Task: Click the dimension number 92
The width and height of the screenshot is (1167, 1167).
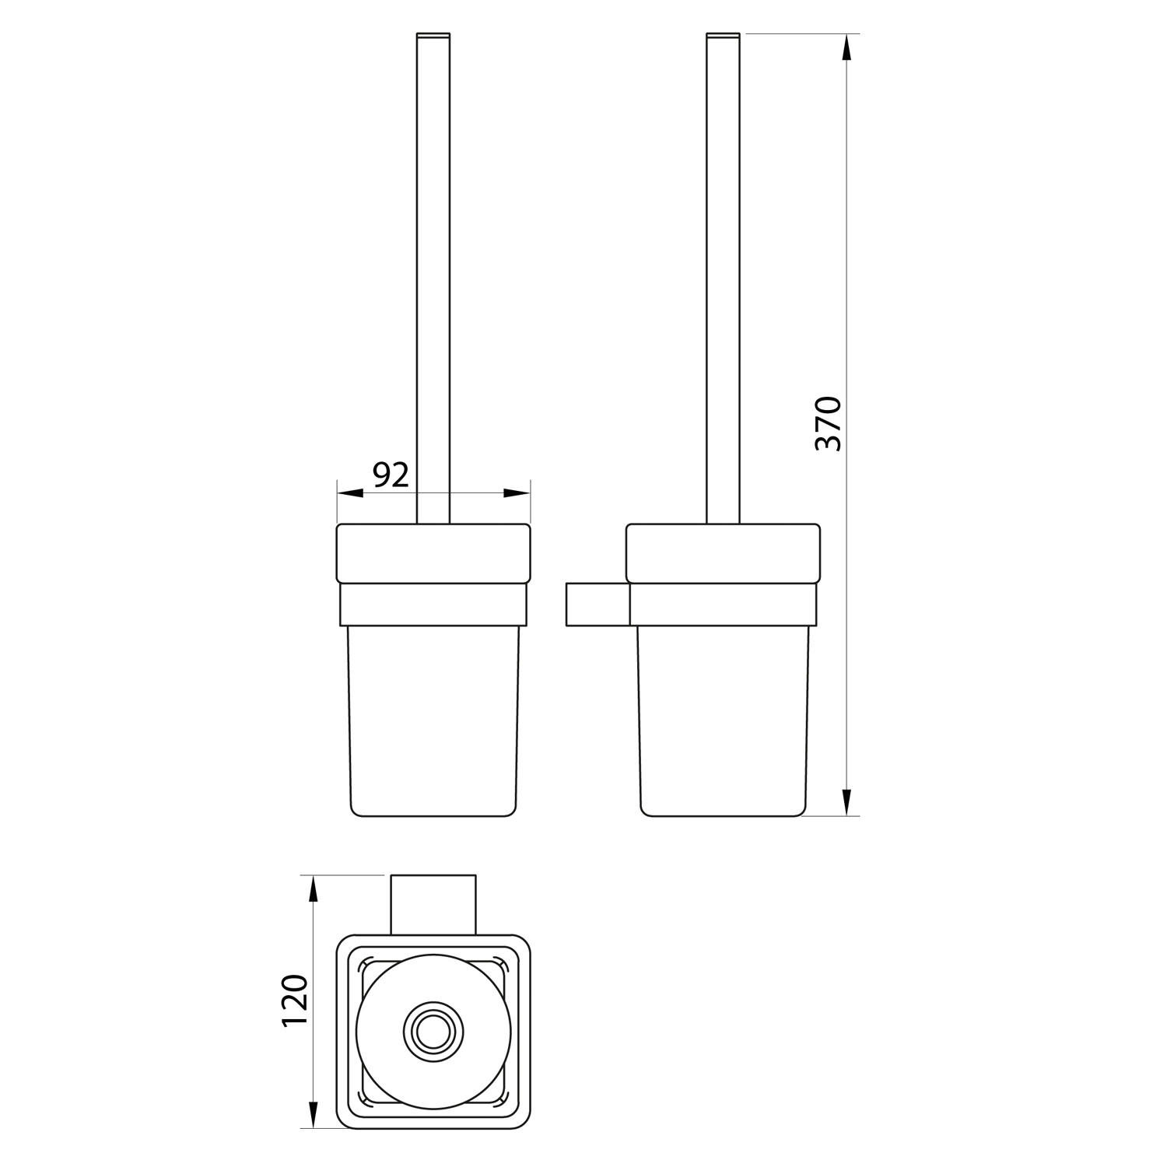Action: coord(391,474)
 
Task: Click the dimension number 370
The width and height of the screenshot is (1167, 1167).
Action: coord(828,423)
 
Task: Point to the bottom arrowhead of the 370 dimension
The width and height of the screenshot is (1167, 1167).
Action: coord(847,801)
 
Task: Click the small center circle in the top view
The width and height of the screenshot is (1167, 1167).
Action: coord(433,1033)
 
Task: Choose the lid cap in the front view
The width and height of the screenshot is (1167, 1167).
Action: coord(433,553)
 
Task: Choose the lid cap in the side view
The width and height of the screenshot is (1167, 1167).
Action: coord(723,553)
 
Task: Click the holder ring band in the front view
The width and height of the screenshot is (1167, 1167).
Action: coord(433,604)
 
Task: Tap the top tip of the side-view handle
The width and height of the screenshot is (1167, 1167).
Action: coord(723,36)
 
